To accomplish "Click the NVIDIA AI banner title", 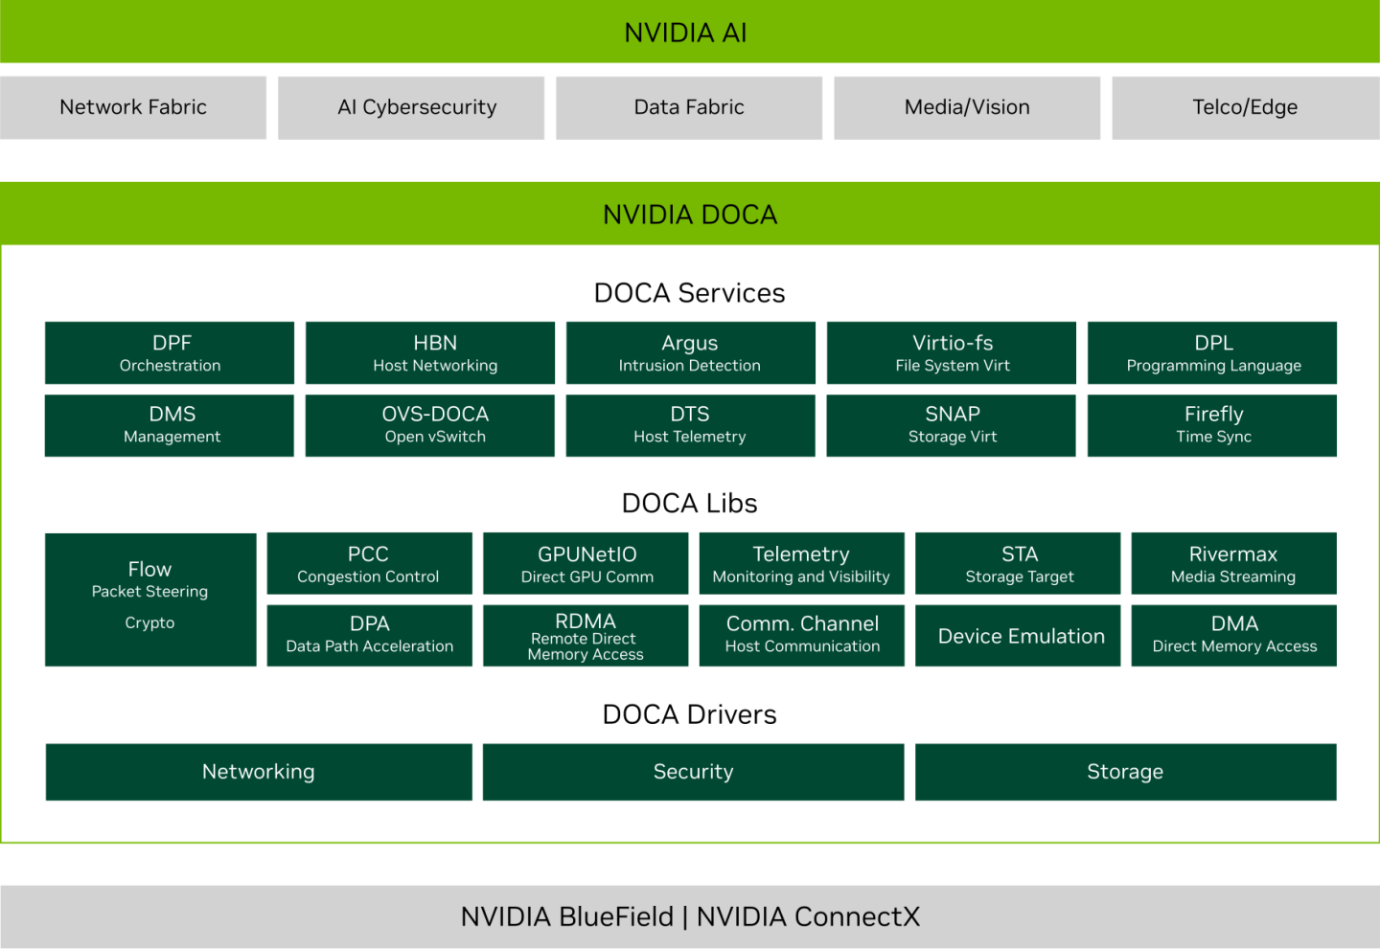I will tap(685, 33).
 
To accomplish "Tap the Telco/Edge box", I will tap(1245, 107).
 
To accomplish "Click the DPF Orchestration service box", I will tap(170, 352).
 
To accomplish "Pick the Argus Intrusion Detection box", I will tap(690, 352).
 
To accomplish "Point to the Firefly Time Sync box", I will tap(1212, 424).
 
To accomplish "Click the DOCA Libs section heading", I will tap(689, 503).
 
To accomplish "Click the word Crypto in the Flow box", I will tap(149, 622).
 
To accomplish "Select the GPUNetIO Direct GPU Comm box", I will tap(586, 563).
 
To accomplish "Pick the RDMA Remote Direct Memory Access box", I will tap(586, 635).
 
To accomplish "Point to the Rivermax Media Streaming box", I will tap(1233, 563).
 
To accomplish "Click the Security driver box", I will tap(693, 772).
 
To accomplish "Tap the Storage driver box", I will tap(1125, 772).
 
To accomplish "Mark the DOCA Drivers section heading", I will tap(689, 714).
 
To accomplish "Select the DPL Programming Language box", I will tap(1212, 352).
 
